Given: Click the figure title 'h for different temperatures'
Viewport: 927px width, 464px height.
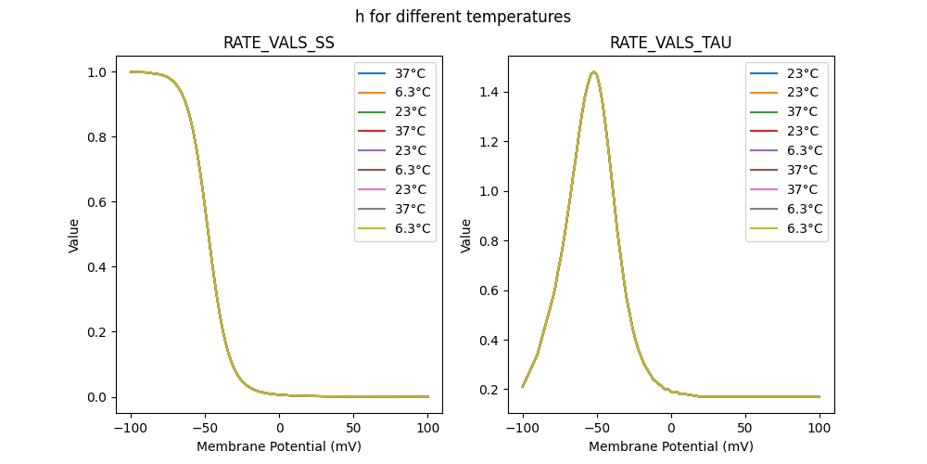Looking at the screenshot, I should [463, 17].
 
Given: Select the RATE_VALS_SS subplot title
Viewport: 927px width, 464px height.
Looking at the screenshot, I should [279, 43].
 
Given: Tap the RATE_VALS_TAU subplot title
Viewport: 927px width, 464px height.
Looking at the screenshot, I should [671, 43].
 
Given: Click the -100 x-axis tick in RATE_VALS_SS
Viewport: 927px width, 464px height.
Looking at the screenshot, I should [131, 429].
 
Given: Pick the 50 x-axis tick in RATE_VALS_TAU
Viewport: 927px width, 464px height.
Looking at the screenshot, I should [745, 429].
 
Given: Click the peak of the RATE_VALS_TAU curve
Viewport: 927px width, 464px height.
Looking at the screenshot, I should [593, 71].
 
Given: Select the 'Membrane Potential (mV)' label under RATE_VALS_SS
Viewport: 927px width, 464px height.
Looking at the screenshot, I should [279, 446].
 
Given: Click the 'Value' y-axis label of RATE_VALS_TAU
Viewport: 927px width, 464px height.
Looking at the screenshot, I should [466, 235].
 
